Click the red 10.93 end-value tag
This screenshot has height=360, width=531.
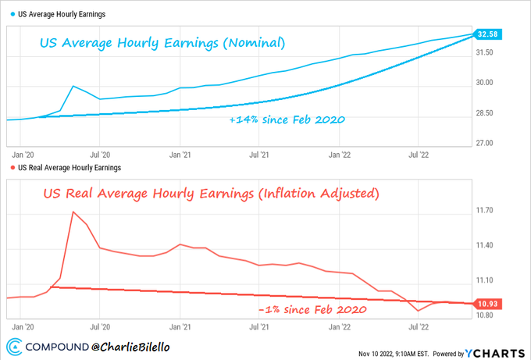(488, 305)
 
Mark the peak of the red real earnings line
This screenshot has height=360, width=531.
(73, 212)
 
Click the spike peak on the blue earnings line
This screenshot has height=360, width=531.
(73, 86)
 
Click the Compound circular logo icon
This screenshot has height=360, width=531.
(13, 347)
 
